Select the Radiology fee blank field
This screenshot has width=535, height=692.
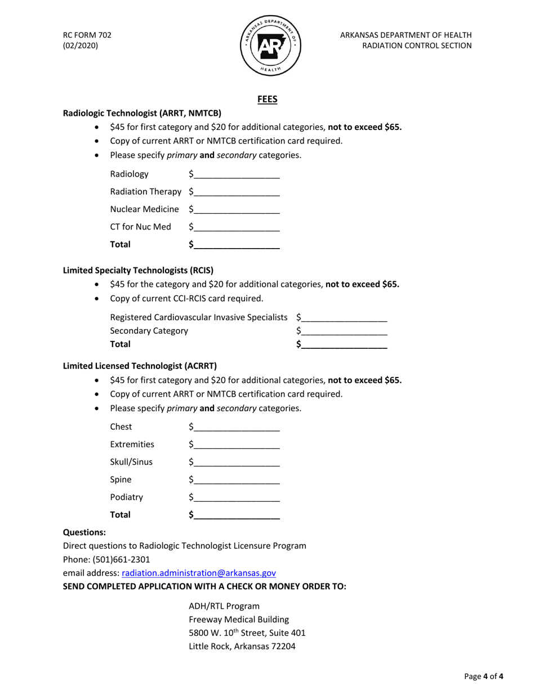pyautogui.click(x=235, y=174)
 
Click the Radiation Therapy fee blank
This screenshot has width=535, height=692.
pyautogui.click(x=235, y=192)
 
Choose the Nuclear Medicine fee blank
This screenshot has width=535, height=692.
pyautogui.click(x=235, y=209)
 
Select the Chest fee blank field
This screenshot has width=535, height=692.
pyautogui.click(x=235, y=427)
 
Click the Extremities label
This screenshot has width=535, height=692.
pyautogui.click(x=132, y=444)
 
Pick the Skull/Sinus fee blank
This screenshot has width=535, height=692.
pyautogui.click(x=235, y=462)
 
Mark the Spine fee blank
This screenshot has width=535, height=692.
pyautogui.click(x=235, y=480)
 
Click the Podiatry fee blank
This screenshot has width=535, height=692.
pyautogui.click(x=235, y=497)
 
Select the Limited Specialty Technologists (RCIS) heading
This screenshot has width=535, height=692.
pyautogui.click(x=138, y=269)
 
